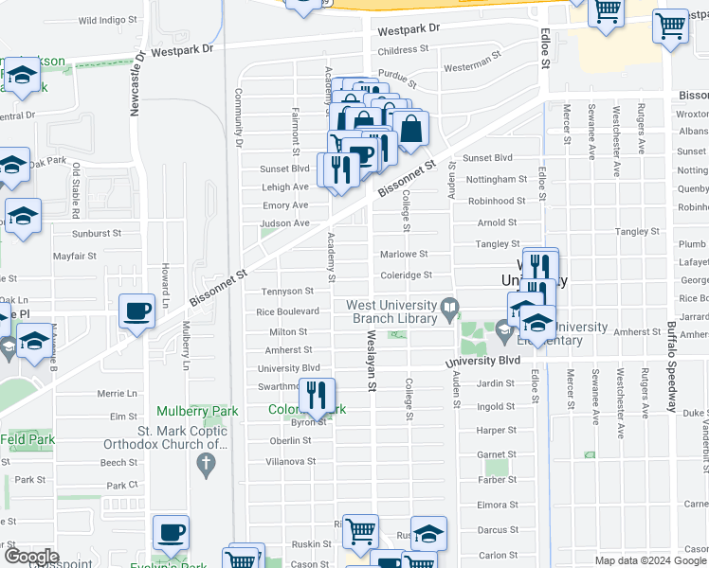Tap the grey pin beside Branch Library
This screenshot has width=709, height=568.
pyautogui.click(x=451, y=307)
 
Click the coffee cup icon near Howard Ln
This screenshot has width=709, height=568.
pyautogui.click(x=136, y=311)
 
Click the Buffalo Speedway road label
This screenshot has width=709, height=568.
pyautogui.click(x=671, y=367)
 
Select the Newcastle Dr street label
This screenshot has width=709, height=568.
pyautogui.click(x=135, y=83)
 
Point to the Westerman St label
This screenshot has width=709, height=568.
pyautogui.click(x=472, y=64)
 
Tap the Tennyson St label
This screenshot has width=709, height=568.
pyautogui.click(x=287, y=292)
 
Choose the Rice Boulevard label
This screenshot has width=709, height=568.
pyautogui.click(x=287, y=311)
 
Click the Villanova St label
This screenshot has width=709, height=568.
pyautogui.click(x=290, y=461)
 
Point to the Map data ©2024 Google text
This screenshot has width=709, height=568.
pyautogui.click(x=649, y=560)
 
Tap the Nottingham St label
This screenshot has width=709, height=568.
pyautogui.click(x=496, y=179)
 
